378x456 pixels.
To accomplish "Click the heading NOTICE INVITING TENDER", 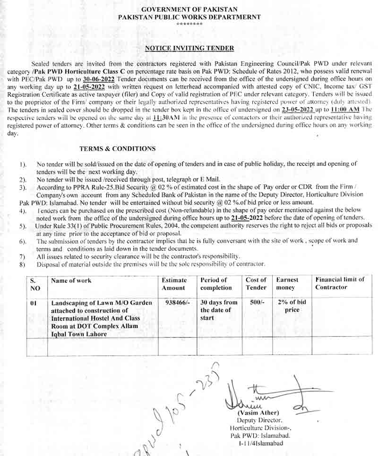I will pos(189,48).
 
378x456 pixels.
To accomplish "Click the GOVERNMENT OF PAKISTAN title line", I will pos(189,9).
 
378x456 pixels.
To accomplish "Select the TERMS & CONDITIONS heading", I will pos(117,149).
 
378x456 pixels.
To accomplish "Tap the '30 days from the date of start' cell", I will pos(219,310).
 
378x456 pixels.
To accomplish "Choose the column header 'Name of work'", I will pos(71,281).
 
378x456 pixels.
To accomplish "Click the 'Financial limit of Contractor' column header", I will pos(340,283).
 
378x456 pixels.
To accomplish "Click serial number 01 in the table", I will pos(33,303).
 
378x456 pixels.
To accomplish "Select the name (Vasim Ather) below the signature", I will pos(258,412).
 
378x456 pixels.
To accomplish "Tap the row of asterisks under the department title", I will pos(189,24).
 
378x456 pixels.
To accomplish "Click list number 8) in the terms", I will pos(22,264).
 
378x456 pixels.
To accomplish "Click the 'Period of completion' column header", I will pos(216,284).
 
